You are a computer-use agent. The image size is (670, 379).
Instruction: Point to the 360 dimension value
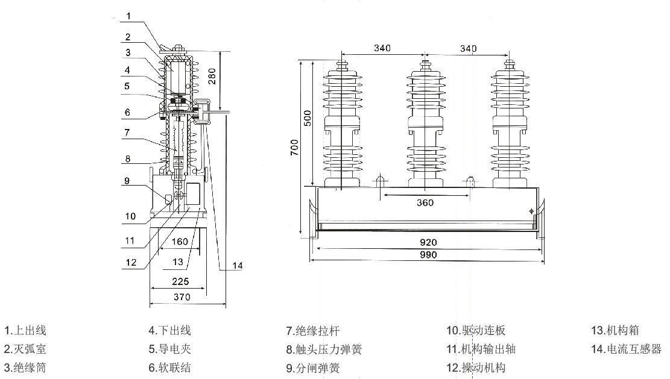[425, 202]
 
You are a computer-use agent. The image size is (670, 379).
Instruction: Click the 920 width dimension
[428, 242]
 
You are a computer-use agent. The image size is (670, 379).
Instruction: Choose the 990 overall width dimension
[428, 255]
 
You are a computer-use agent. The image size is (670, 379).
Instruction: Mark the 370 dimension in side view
[182, 297]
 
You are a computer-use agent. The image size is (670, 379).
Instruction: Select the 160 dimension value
[180, 242]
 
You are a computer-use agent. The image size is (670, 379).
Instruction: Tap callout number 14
[238, 265]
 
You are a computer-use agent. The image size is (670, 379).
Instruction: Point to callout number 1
[127, 16]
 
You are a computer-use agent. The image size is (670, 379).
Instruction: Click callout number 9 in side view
[127, 180]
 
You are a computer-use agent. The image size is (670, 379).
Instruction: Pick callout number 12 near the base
[131, 262]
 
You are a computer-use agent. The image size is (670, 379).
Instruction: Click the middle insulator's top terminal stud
[425, 62]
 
